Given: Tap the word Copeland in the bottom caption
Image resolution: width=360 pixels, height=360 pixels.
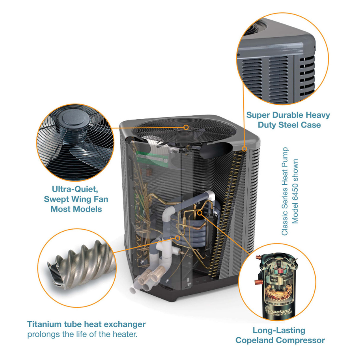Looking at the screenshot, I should point(256,340).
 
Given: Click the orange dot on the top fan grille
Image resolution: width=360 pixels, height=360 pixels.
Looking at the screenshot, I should point(186,127).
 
